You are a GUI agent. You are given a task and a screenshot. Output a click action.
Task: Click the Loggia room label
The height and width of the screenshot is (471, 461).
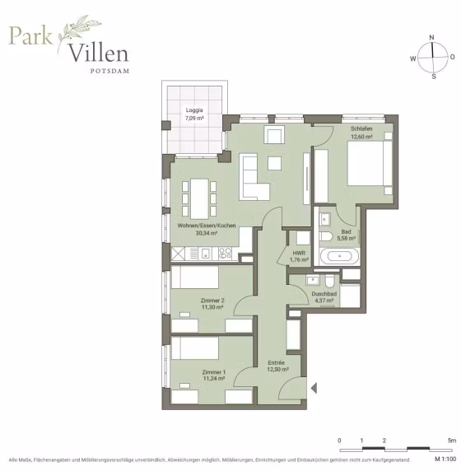coord(194,110)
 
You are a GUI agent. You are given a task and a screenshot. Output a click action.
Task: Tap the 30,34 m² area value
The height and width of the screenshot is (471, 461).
coord(207,233)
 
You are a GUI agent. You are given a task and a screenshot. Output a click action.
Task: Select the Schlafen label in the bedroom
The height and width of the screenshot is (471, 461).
coord(361,128)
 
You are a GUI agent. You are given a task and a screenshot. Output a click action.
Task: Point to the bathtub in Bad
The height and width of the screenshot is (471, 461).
coord(339,256)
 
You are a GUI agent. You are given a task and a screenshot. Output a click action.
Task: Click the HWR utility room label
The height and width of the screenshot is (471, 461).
coord(299,254)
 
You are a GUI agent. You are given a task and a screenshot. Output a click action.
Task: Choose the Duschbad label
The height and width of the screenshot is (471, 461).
coord(324,294)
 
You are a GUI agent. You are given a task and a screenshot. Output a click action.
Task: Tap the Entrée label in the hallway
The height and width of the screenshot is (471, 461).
coord(276,362)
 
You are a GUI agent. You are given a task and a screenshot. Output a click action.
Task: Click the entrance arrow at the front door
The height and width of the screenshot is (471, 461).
coord(314,388)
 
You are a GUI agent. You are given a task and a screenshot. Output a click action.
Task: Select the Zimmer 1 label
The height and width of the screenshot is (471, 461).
coord(214,372)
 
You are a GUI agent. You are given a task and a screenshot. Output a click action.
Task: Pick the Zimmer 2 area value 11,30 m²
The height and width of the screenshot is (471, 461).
coord(212,307)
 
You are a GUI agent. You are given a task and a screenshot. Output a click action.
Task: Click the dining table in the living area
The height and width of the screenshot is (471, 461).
coord(199,198)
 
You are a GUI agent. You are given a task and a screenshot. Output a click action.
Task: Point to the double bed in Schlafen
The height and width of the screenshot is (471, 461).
coord(370,163)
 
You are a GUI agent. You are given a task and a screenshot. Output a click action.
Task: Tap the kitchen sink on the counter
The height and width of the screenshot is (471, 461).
coord(206,254)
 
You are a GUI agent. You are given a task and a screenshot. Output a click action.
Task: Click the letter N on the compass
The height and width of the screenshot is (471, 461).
coord(432,38)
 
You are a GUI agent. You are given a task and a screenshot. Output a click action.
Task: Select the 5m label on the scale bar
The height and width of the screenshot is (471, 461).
coord(452,441)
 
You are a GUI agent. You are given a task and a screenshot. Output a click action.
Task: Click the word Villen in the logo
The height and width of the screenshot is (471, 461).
coord(99,53)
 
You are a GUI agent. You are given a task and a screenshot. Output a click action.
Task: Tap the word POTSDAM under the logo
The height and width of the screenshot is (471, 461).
coord(110,71)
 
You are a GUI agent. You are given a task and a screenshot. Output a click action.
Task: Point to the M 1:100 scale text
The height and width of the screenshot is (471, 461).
coord(445,459)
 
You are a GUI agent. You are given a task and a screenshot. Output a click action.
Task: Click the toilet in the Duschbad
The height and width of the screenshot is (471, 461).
coord(329,280)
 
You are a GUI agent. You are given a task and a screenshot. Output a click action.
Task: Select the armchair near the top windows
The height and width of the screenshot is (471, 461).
coord(274,134)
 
